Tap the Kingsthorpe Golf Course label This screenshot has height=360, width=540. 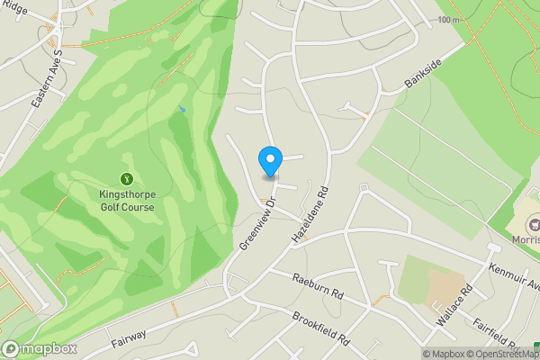[126, 200]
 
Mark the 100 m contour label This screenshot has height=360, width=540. [447, 20]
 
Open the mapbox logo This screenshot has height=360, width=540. [40, 349]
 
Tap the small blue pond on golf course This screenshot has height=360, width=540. [181, 109]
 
